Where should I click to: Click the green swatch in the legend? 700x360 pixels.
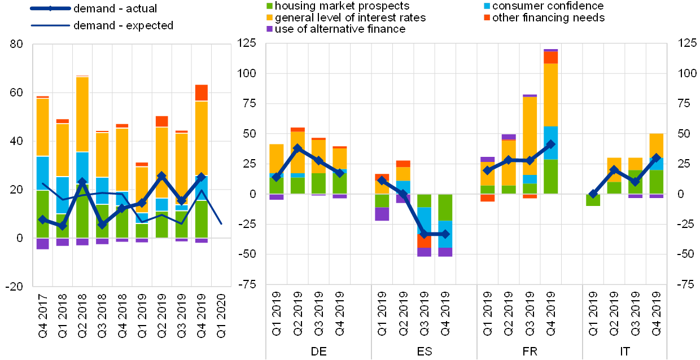269,6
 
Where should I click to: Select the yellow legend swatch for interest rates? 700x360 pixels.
269,17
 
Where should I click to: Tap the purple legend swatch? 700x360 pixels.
269,29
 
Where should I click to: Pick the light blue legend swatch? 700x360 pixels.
487,6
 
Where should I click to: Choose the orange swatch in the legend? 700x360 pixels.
487,17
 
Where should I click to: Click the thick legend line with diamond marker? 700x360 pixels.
50,8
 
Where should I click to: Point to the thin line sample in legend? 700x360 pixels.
50,25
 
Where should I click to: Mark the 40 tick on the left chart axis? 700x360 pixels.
17,141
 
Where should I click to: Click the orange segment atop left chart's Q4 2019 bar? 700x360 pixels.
202,93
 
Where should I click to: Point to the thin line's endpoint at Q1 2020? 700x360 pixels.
221,223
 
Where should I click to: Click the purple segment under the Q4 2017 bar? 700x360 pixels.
42,243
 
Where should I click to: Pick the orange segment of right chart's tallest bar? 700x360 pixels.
550,58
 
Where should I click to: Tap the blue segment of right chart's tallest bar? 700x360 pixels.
550,143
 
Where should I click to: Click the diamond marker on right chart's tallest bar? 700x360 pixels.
550,144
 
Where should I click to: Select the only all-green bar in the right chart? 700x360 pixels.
593,200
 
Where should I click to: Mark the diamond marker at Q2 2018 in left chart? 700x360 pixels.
82,182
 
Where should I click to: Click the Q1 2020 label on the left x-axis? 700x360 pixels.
221,316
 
